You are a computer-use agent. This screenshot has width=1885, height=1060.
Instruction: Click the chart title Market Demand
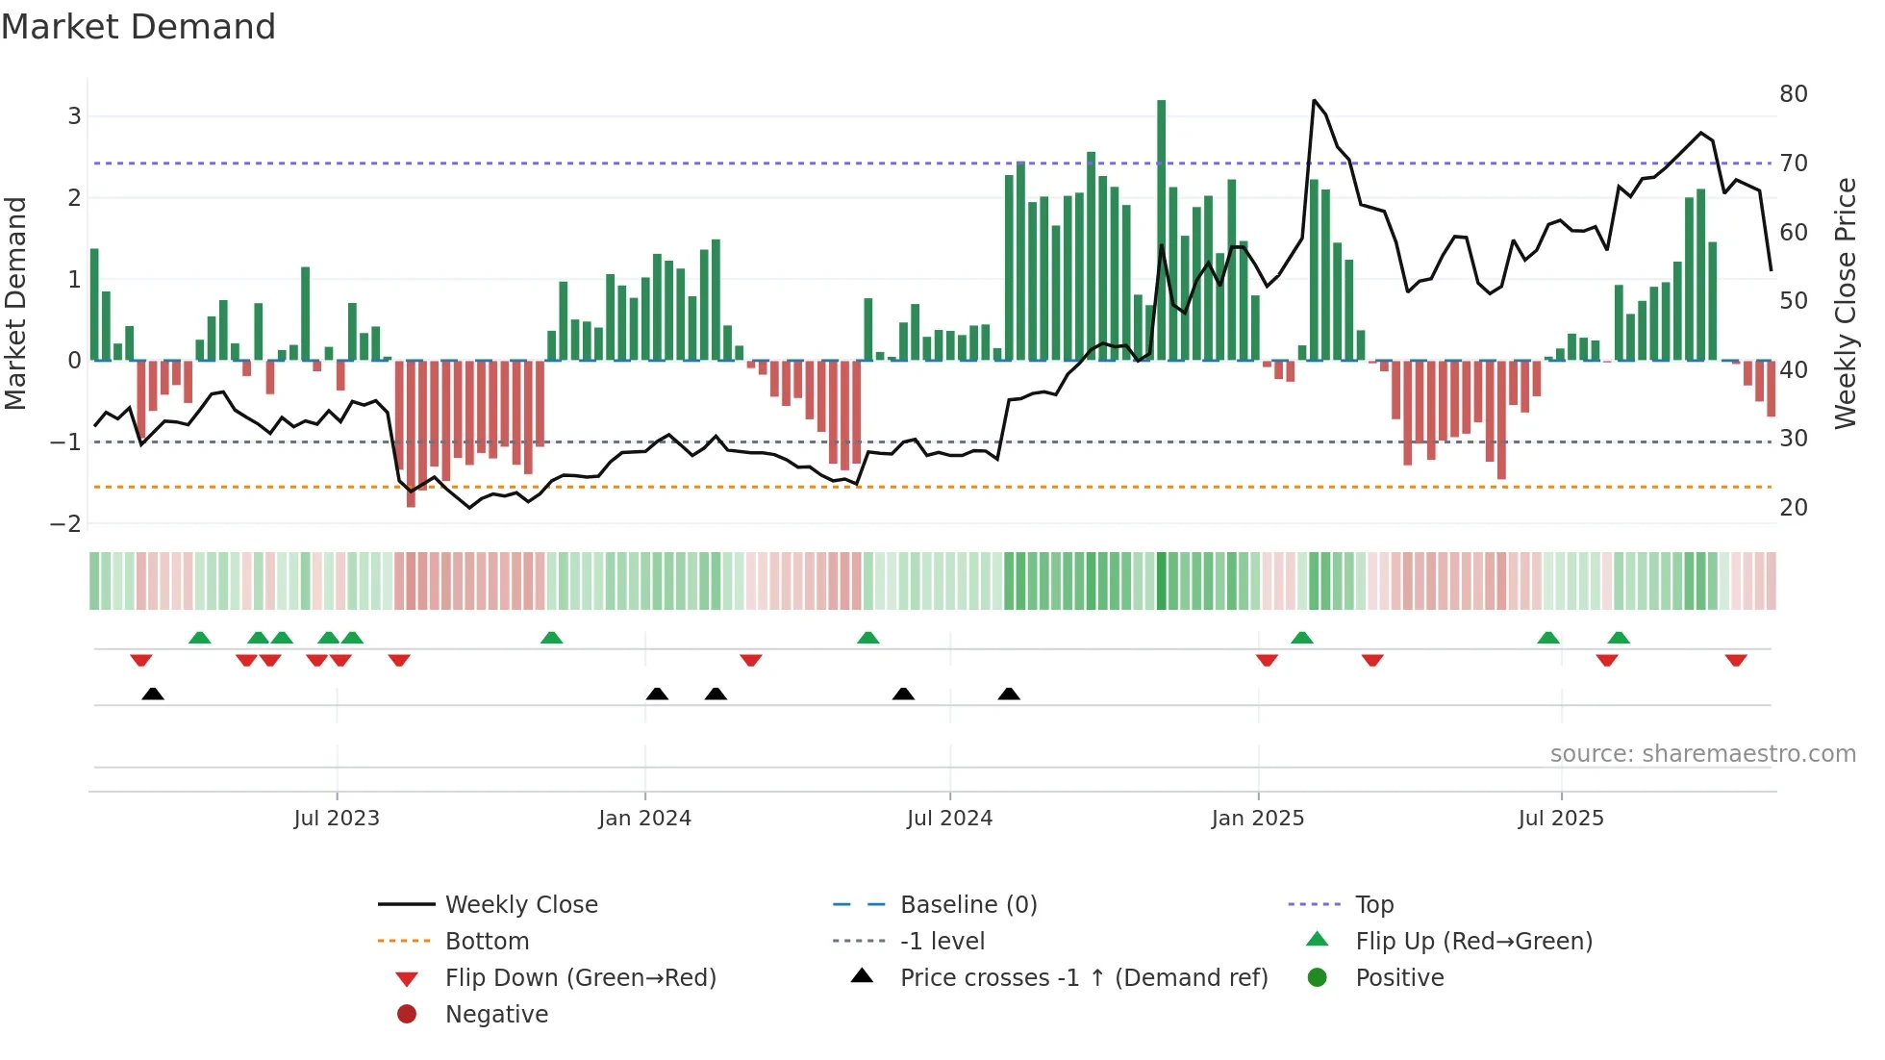[x=138, y=27]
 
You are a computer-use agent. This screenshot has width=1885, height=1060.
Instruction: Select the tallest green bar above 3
[x=1161, y=231]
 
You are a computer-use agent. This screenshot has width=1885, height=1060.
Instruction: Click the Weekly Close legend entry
[x=520, y=904]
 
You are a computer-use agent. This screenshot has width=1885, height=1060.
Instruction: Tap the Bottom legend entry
[x=487, y=941]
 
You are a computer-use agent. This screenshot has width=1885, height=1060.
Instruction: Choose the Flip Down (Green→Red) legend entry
[x=580, y=977]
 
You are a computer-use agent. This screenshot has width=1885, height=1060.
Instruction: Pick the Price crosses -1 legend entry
[x=1083, y=977]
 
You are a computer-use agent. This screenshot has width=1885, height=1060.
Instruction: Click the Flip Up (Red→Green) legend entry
[x=1473, y=941]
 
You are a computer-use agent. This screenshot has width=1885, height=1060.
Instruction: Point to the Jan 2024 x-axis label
[x=644, y=818]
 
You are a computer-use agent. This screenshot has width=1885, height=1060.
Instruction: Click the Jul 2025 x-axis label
[x=1561, y=818]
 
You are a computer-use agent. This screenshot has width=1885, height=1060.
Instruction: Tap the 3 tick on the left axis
[x=74, y=116]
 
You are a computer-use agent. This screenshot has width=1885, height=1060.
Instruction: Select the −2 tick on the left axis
[x=66, y=523]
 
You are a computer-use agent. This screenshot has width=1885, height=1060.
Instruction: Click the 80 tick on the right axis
[x=1794, y=94]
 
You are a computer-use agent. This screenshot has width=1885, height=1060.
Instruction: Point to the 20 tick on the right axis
[x=1794, y=507]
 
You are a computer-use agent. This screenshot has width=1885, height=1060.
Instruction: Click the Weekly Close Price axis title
[x=1845, y=303]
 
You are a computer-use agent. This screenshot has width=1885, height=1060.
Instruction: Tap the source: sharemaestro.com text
[x=1702, y=753]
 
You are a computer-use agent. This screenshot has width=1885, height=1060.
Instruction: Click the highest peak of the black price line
[x=1314, y=100]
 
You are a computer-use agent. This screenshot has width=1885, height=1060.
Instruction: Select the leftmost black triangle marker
[x=153, y=694]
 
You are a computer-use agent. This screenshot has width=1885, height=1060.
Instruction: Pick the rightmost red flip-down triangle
[x=1736, y=661]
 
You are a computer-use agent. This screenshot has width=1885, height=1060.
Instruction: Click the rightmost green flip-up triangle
[x=1619, y=638]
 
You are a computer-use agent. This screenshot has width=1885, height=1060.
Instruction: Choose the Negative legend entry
[x=496, y=1014]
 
